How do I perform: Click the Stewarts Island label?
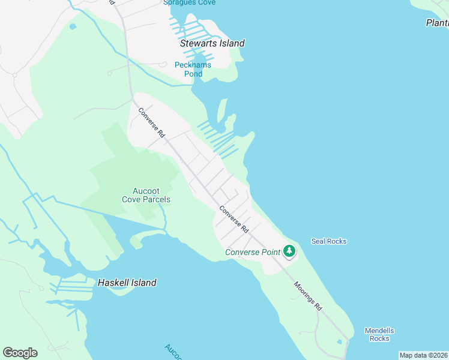point(212,43)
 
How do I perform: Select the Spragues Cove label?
point(189,3)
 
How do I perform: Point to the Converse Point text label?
point(253,252)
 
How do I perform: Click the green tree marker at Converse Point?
point(290,251)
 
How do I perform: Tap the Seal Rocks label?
point(329,241)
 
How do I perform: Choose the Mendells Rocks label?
point(379,334)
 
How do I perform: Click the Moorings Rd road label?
point(308,295)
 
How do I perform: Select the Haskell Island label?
point(127,283)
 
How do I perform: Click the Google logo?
point(20,353)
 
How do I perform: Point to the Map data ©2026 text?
point(423,355)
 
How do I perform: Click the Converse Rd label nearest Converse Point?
point(234,220)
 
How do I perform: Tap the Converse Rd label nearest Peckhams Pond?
point(151,122)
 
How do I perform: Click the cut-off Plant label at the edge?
point(437,23)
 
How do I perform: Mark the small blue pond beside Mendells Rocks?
point(340,342)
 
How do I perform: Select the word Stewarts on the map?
point(199,43)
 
